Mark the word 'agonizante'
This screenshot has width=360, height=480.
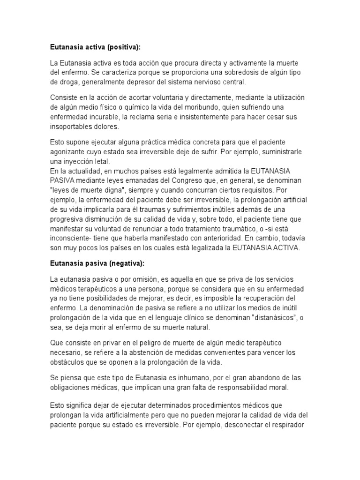(67, 152)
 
